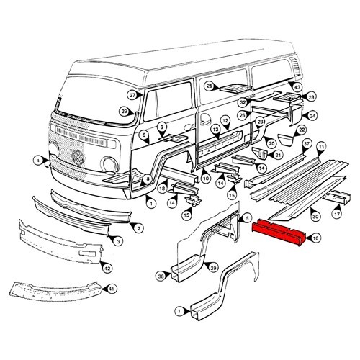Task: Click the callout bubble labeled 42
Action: coord(107,268)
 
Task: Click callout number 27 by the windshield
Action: coord(132,95)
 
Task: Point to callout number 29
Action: coord(124,111)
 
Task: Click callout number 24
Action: coord(312,115)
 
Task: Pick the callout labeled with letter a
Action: coord(37,159)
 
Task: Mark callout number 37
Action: coord(307,145)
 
